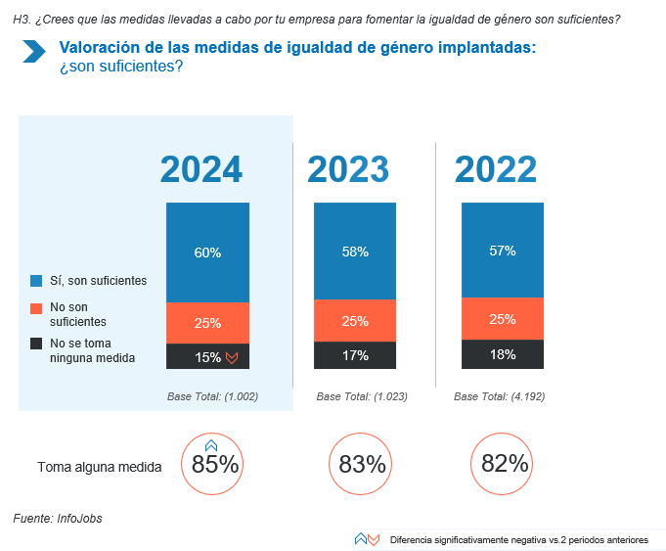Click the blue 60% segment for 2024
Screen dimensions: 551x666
pos(207,253)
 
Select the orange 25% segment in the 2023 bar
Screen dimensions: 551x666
pos(354,320)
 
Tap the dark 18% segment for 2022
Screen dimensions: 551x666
pos(503,354)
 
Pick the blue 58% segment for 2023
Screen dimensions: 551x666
pos(354,251)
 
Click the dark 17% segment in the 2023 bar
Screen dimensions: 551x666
pos(354,355)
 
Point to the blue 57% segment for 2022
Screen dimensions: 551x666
pos(503,250)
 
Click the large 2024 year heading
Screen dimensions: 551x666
pos(201,169)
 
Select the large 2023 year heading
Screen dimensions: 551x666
pos(348,169)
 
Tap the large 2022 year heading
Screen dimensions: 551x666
pos(496,169)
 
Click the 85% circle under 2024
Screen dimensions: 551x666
pos(211,465)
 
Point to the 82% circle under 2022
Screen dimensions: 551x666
pos(504,465)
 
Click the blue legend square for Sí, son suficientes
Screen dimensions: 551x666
pos(37,281)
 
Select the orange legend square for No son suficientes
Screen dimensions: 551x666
pos(37,307)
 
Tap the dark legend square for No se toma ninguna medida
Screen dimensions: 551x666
pos(37,344)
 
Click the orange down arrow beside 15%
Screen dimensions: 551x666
pos(232,358)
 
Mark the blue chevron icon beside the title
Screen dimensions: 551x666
pos(34,52)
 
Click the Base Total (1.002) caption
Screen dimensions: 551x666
pos(213,396)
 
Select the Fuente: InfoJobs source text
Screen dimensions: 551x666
pos(57,519)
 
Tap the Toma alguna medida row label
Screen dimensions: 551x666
pos(99,467)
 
